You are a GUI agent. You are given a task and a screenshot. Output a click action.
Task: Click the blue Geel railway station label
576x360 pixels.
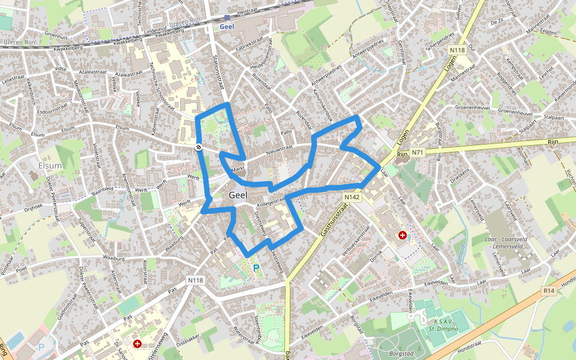pos(226,26)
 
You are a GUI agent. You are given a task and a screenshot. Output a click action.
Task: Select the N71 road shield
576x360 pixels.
pos(418,153)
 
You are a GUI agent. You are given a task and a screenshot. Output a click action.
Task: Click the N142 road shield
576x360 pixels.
pos(352,197)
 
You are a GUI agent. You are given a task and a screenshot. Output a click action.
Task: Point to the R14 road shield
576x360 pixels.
pos(548,291)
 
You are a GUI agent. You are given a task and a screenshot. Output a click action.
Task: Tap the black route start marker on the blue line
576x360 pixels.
pos(199,147)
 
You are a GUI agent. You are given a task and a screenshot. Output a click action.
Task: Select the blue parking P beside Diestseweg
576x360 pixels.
pos(256,268)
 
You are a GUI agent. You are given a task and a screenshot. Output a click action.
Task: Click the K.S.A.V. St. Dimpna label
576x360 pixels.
pos(443,324)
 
